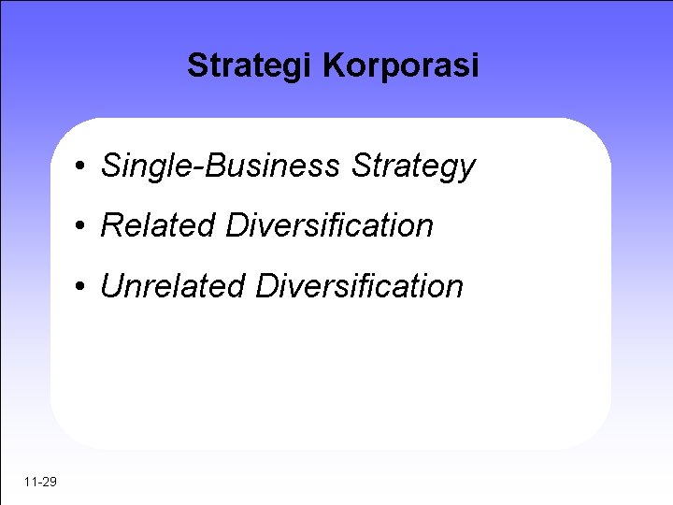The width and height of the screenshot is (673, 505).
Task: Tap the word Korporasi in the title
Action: click(400, 66)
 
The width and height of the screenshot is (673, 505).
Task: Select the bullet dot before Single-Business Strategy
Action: click(83, 167)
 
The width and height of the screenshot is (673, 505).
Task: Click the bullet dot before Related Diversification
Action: click(83, 226)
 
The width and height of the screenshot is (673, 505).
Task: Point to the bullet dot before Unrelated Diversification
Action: click(83, 287)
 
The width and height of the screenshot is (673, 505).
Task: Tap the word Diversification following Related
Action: click(330, 226)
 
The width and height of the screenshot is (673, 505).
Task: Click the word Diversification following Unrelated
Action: click(360, 286)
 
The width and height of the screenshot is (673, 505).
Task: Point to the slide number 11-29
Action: click(41, 482)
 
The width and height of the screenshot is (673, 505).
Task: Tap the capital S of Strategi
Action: click(196, 66)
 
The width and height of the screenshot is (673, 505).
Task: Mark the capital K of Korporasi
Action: click(332, 66)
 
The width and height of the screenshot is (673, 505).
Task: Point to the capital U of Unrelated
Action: click(111, 286)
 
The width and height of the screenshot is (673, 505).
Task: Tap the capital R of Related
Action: click(111, 226)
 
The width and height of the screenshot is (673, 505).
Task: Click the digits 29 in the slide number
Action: click(50, 482)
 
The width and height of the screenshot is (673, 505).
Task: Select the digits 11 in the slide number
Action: click(31, 482)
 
